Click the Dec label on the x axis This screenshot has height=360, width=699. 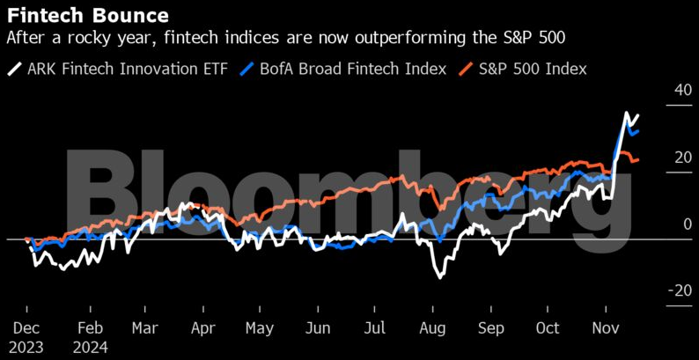(x=27, y=327)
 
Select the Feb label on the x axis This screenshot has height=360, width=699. (x=90, y=327)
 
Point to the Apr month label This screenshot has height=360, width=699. (x=202, y=327)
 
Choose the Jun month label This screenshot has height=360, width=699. (x=318, y=327)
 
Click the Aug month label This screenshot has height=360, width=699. (x=432, y=327)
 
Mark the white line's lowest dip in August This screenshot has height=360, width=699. (x=439, y=278)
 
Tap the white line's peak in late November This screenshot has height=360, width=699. (x=626, y=113)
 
